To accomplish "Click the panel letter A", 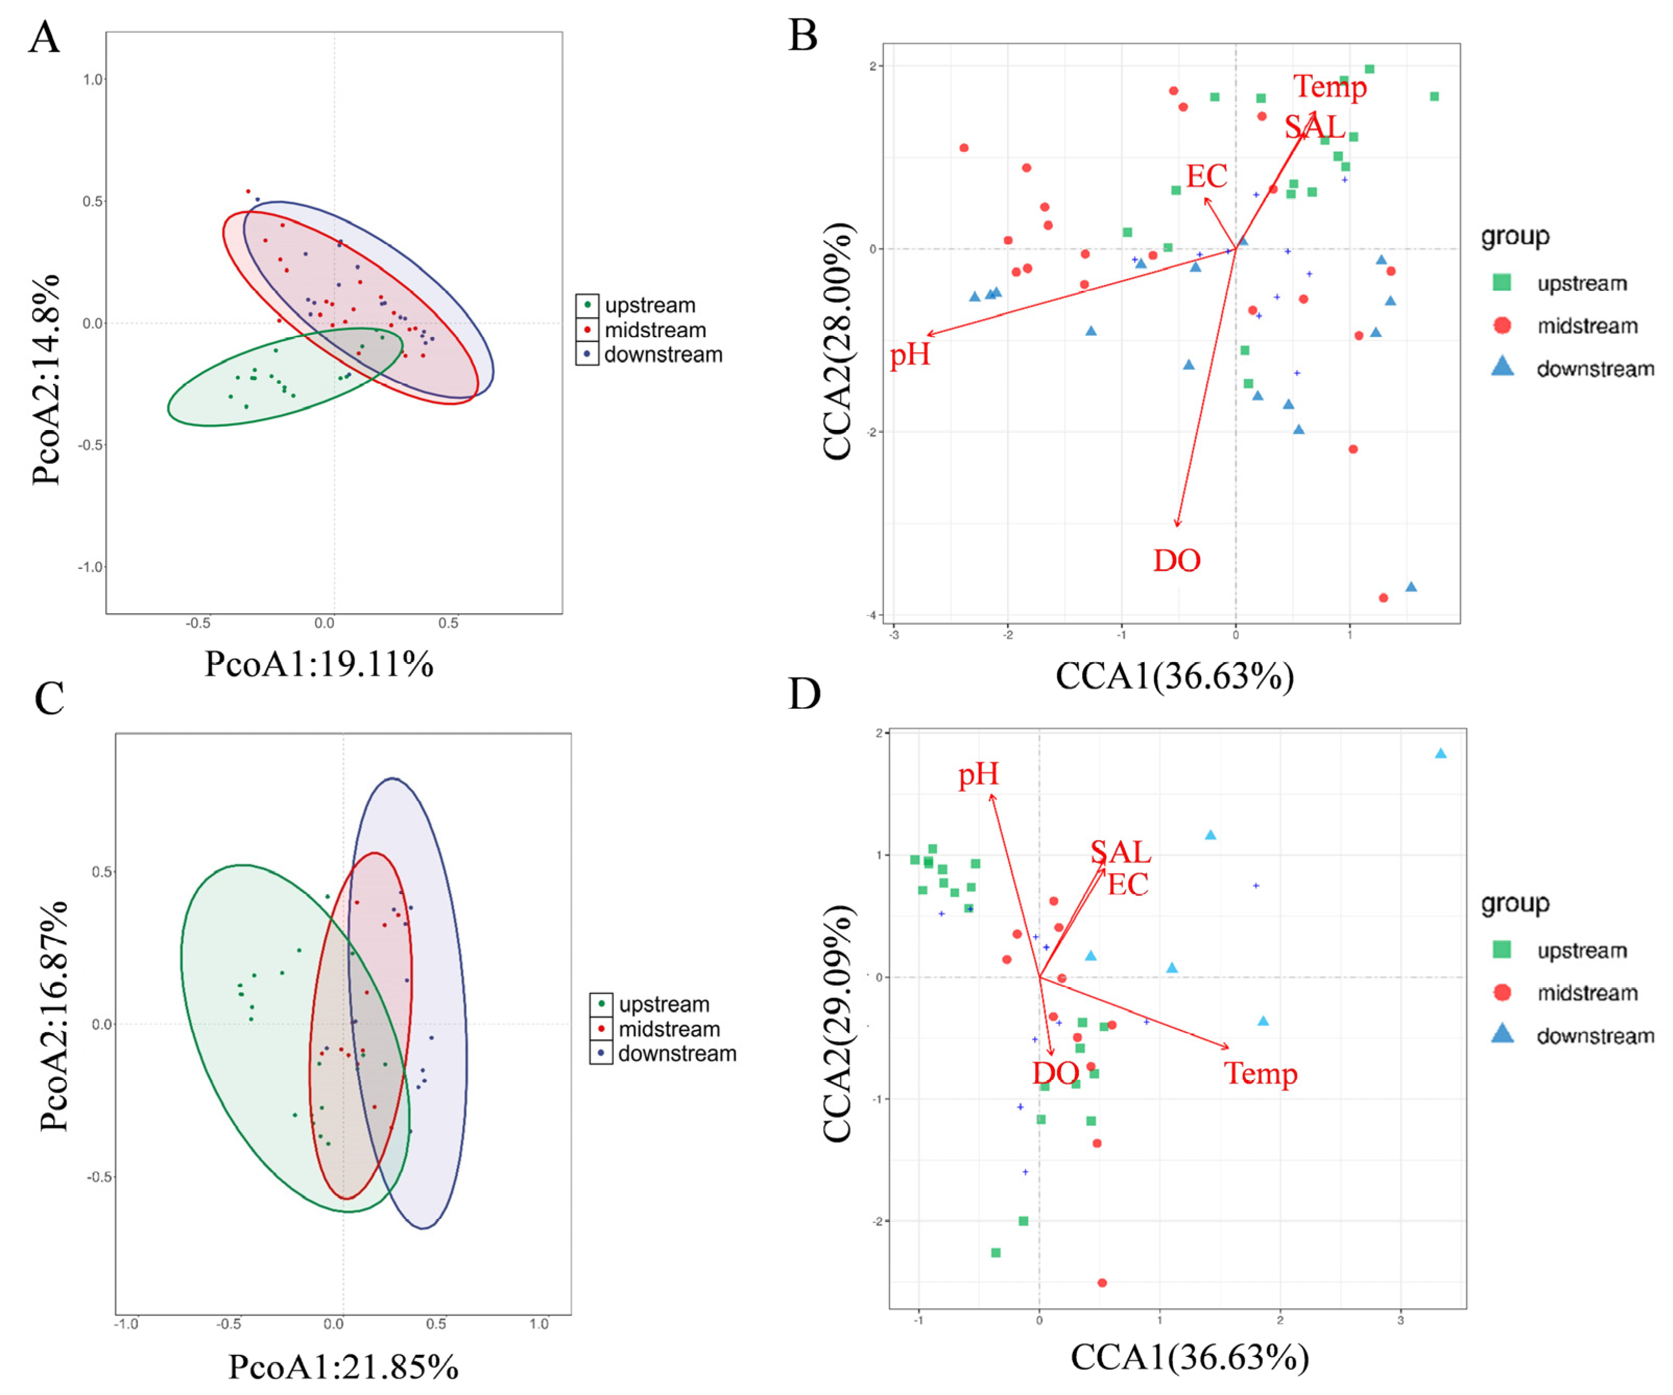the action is (45, 38).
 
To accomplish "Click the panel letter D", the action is (805, 694).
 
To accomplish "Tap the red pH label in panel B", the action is (910, 354).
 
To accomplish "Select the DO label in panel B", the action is (1177, 561).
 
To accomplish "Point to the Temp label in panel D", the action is (1261, 1073).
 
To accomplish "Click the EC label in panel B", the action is (1207, 176).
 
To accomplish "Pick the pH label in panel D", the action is (978, 774).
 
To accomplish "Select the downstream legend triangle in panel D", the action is (1502, 1034).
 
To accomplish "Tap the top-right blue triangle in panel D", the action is (1440, 754).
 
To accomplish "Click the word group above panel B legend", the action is (1516, 237).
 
